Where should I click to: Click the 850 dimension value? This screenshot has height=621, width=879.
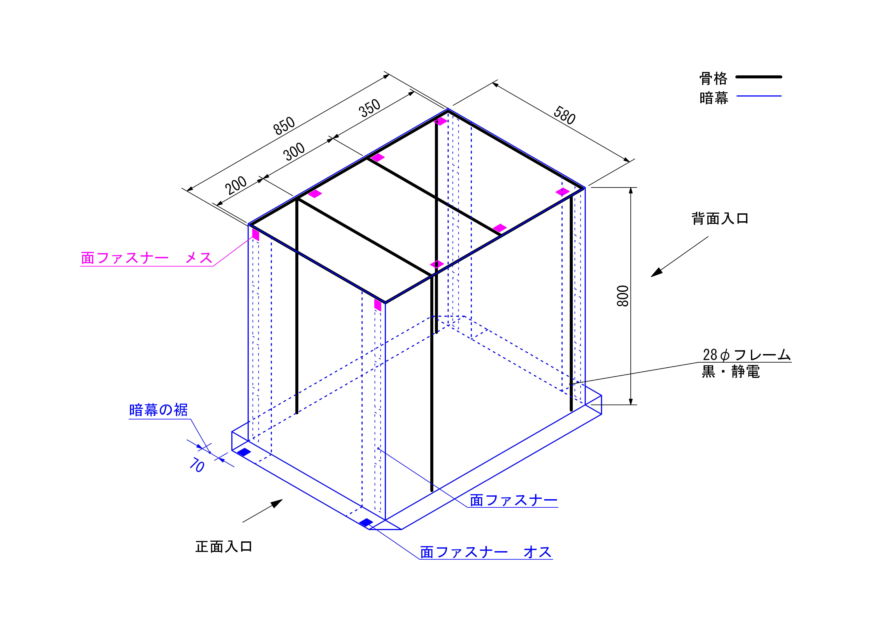tap(284, 125)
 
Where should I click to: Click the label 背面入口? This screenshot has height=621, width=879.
tap(720, 218)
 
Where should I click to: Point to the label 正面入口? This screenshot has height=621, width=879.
tap(224, 546)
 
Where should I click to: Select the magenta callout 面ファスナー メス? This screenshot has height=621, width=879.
tap(147, 258)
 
